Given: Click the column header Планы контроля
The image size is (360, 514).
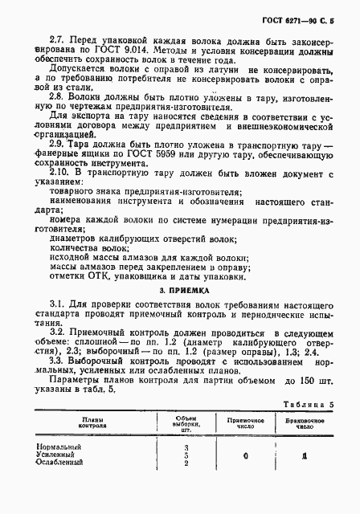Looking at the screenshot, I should [x=84, y=420].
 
